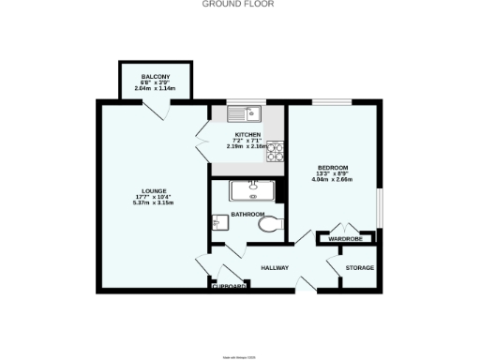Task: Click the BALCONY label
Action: (155, 76)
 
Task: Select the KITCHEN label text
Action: (247, 134)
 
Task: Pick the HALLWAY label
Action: (275, 268)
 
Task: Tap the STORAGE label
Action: (359, 268)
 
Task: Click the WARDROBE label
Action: (346, 239)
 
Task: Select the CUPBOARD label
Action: (229, 286)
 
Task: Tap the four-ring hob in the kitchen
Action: (276, 146)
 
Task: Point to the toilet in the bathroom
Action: (270, 226)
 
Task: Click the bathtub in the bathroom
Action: (251, 190)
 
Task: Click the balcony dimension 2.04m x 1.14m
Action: (155, 88)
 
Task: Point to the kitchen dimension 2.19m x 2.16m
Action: (247, 146)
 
